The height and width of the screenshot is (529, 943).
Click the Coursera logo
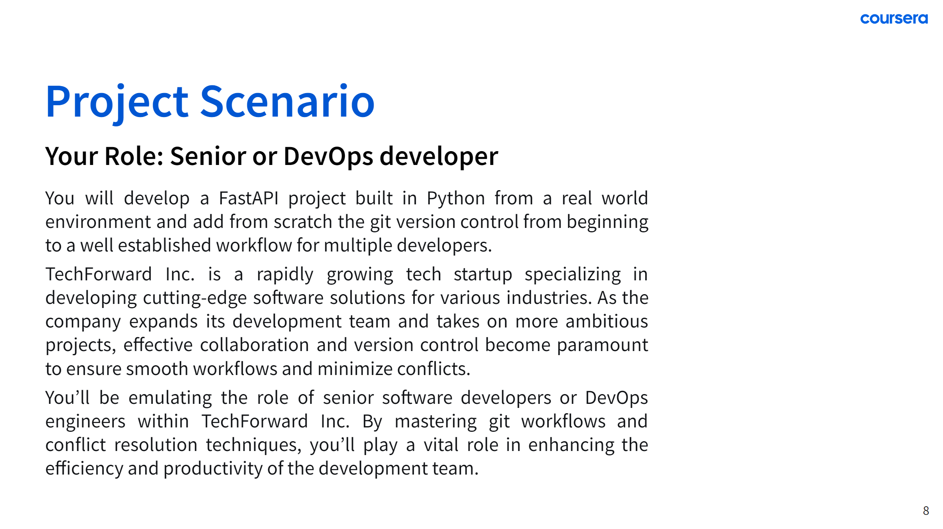tap(894, 19)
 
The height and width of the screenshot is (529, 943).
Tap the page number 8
tap(926, 511)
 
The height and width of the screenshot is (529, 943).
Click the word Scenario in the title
tap(287, 102)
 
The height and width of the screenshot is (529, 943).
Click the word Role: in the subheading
tap(134, 156)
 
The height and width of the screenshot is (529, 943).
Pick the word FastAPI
tap(249, 198)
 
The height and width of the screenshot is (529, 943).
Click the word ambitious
tap(607, 321)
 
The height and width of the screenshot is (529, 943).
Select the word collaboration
tap(255, 345)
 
